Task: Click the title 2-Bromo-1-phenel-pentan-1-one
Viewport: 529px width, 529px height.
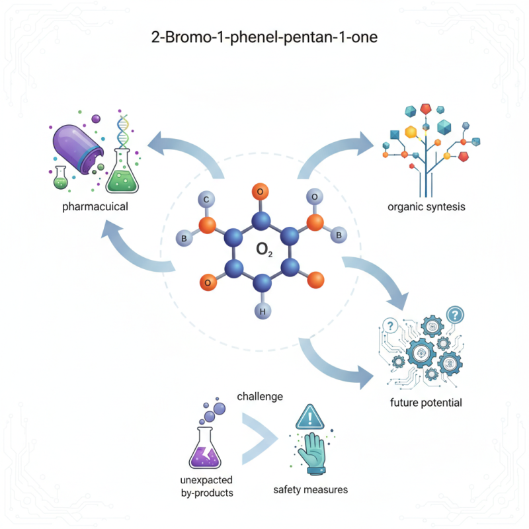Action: coord(264,37)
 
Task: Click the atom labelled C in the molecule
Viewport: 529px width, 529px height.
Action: coord(206,199)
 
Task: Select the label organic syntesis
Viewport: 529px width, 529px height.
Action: coord(427,207)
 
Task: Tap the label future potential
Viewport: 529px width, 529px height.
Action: coord(427,403)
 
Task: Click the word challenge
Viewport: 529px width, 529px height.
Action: coord(260,397)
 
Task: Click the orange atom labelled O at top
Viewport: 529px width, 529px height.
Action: coord(261,192)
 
